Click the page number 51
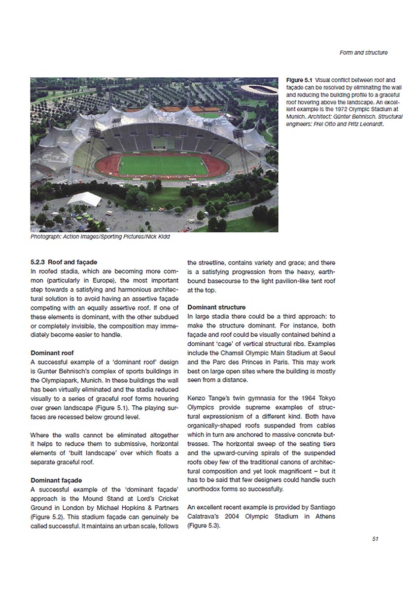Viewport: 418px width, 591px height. click(x=375, y=538)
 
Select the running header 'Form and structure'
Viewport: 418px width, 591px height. click(x=364, y=53)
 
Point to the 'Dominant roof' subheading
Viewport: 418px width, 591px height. click(x=52, y=353)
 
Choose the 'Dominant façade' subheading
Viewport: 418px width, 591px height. click(x=56, y=480)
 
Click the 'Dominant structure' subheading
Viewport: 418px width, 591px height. click(x=216, y=307)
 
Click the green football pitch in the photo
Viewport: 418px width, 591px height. click(x=163, y=165)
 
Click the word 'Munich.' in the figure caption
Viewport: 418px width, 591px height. click(x=297, y=118)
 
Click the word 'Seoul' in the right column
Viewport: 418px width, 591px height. click(x=327, y=353)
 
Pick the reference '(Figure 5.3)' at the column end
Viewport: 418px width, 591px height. click(x=203, y=525)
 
